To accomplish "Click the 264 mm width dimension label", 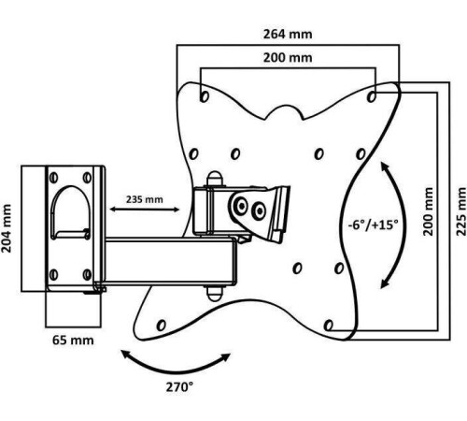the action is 288,34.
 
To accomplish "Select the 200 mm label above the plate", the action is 288,58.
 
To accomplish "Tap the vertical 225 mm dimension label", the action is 461,211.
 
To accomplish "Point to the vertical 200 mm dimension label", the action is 429,211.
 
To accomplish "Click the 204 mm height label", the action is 7,228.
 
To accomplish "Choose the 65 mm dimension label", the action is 73,340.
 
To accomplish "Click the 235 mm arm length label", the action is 145,199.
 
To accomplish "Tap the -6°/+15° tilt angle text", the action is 373,225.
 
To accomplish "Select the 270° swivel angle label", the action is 179,387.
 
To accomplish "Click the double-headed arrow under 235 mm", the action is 145,210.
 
